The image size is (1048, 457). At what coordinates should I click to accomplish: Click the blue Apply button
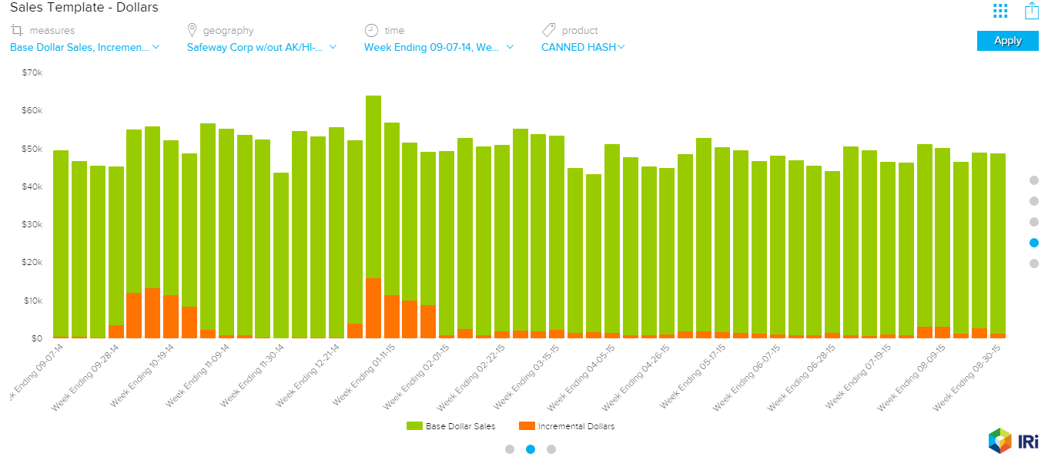click(x=1007, y=41)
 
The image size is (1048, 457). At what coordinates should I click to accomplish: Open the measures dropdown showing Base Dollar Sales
click(x=84, y=47)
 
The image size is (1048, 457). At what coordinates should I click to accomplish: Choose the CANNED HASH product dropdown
click(x=583, y=47)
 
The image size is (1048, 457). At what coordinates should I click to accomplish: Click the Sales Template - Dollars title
click(x=84, y=8)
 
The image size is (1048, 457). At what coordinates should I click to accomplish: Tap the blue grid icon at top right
click(x=1000, y=10)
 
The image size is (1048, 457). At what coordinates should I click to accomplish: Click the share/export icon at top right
click(x=1032, y=10)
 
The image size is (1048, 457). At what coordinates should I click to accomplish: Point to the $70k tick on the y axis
click(x=32, y=72)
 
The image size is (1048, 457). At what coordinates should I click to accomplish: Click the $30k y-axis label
click(x=32, y=224)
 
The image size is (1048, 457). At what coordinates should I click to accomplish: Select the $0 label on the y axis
click(x=36, y=338)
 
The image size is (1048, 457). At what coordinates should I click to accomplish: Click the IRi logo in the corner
click(x=1013, y=441)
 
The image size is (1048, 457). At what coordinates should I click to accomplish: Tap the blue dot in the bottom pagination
click(x=531, y=449)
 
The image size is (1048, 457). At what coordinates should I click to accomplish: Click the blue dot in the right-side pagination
click(x=1034, y=243)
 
